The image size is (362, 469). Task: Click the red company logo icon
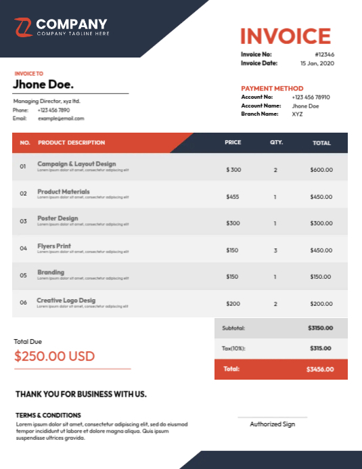23,27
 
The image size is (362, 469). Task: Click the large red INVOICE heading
286,36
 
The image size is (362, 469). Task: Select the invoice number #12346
325,54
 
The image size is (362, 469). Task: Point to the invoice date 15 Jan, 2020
317,63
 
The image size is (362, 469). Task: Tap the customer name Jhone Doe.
43,85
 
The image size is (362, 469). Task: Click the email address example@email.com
61,118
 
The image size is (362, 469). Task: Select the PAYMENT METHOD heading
272,89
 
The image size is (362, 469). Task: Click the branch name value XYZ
298,114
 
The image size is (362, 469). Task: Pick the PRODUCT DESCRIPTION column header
71,143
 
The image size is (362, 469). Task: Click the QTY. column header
276,143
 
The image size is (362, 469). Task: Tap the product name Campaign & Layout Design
76,164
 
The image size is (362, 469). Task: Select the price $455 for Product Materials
233,197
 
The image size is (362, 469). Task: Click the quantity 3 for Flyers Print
275,250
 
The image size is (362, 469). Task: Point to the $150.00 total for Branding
321,277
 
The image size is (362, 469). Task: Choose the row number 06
23,303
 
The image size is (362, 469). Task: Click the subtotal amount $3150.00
320,328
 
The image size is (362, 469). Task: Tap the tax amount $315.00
321,349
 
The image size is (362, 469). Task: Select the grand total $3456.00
319,370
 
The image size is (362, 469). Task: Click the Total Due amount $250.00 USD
54,356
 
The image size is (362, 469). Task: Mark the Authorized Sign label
272,424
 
